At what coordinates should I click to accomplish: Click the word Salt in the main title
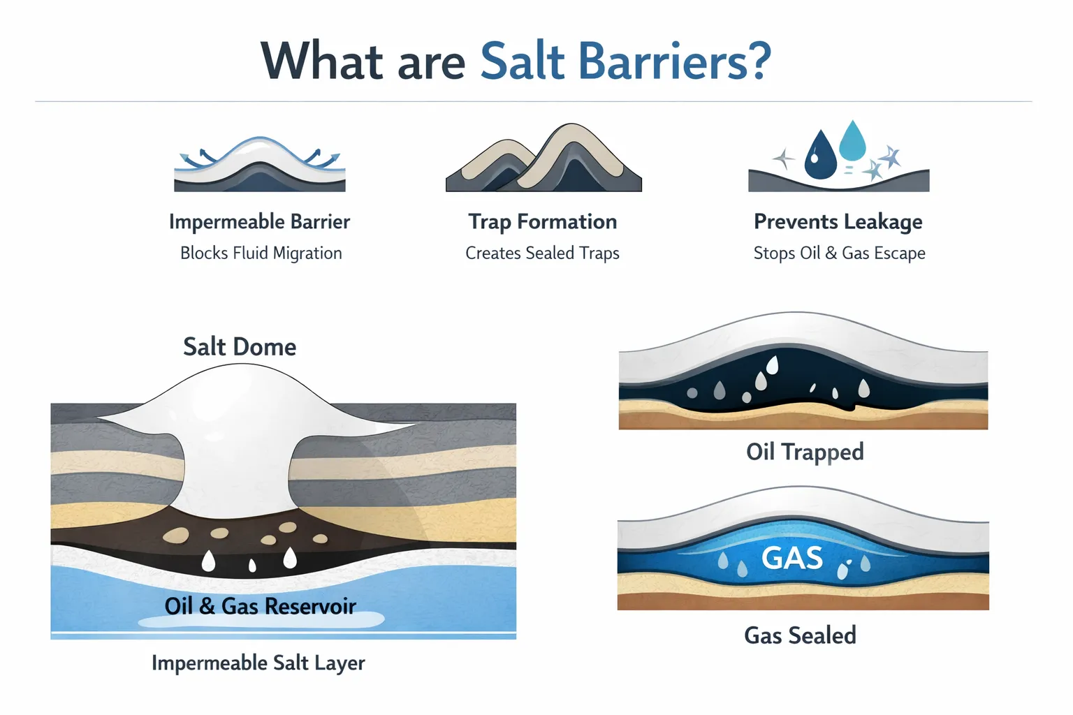(x=523, y=61)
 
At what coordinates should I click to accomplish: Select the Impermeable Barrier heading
(x=259, y=222)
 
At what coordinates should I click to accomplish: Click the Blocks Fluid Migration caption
(x=261, y=253)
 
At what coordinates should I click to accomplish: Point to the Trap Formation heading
(x=543, y=222)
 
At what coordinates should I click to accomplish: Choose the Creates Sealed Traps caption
(x=542, y=253)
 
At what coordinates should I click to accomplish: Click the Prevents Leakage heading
(x=838, y=222)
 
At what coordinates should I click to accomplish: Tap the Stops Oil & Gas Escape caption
(x=839, y=253)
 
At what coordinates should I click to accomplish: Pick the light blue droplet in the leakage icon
(x=852, y=142)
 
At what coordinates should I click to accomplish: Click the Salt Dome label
(x=240, y=347)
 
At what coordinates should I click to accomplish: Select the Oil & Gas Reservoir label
(x=260, y=606)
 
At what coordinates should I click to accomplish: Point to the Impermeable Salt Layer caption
(x=258, y=663)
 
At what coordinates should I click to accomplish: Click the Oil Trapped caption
(x=805, y=452)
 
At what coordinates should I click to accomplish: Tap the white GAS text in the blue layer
(x=791, y=558)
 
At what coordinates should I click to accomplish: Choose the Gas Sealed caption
(x=800, y=635)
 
